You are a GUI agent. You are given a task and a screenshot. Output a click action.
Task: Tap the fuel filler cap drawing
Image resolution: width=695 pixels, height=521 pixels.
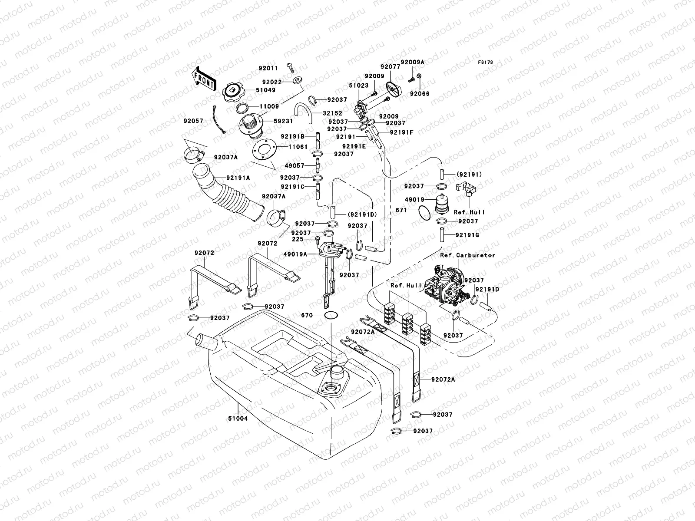tap(233, 92)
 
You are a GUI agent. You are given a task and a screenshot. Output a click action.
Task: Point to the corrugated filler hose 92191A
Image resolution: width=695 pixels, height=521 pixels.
tap(228, 194)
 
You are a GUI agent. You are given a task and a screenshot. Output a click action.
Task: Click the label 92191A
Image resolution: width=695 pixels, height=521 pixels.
tap(238, 177)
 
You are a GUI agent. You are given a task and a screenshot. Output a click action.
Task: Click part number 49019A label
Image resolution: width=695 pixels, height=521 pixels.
tap(295, 254)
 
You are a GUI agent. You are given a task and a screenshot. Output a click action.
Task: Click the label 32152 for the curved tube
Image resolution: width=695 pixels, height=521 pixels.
tap(332, 113)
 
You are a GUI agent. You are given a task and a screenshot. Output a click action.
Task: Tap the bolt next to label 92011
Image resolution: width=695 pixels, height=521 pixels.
tap(290, 67)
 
